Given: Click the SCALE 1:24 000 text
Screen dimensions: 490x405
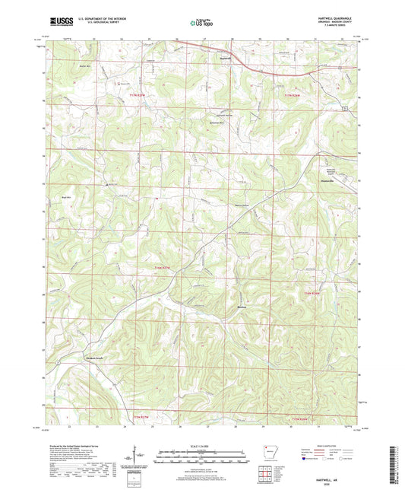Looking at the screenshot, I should pos(201,445).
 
